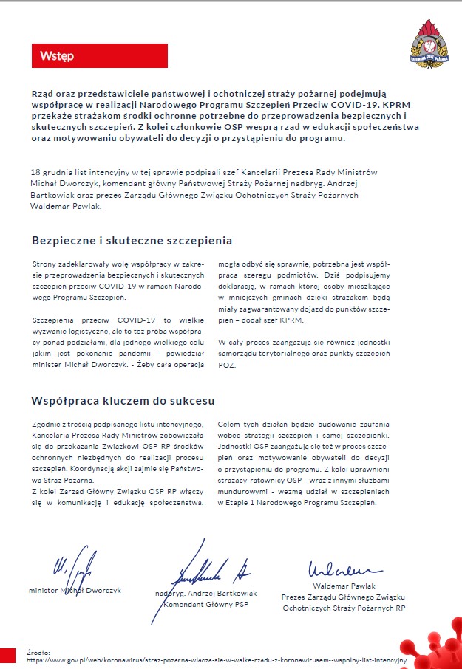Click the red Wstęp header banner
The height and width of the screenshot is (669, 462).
coord(100,56)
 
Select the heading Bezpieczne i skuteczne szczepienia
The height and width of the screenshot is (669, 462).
coord(132,241)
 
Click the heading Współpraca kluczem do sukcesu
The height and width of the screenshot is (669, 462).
coord(123,401)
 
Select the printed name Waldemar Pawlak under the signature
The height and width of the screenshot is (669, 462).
coord(343,586)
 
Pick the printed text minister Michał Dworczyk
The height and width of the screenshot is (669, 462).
coord(75,591)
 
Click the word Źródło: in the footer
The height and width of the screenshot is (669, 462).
coord(38,652)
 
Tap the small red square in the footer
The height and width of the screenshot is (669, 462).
coord(7,656)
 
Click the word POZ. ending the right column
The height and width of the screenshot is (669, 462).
coord(228,366)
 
